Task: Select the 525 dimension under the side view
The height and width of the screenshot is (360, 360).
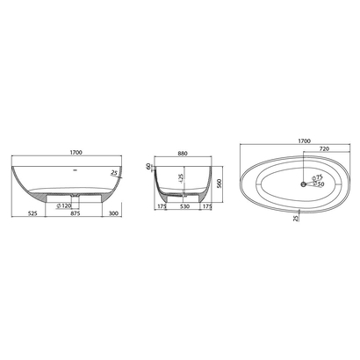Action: [x=32, y=213]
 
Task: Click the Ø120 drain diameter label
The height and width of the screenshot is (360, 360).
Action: [x=63, y=205]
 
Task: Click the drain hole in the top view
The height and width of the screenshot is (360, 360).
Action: [x=303, y=184]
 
